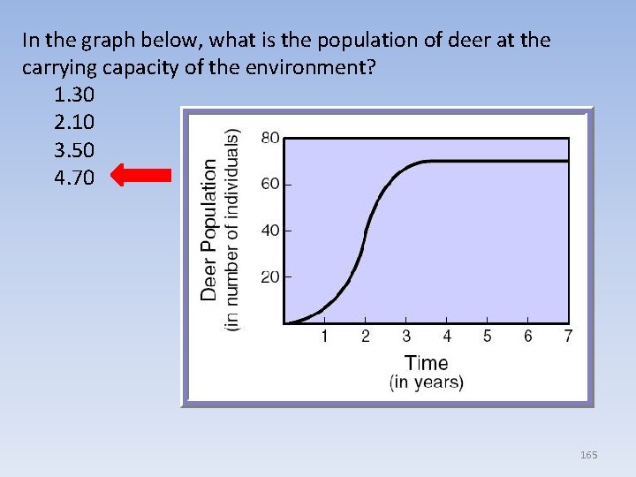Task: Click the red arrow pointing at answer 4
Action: (141, 177)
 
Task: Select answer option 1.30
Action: (75, 94)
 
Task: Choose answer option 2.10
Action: (75, 121)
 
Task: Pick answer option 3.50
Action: (75, 149)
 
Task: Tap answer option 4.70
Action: (75, 178)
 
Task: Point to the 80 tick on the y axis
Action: (271, 139)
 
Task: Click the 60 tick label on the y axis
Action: (271, 184)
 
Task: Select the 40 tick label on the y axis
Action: (271, 231)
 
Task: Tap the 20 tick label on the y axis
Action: (271, 277)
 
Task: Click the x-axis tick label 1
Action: (324, 337)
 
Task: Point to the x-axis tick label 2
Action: (365, 337)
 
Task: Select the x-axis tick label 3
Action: (405, 337)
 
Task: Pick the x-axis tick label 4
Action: (447, 337)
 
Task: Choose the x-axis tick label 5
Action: (488, 337)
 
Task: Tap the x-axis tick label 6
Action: (528, 337)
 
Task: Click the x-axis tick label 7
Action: (568, 337)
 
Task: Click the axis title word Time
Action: (427, 363)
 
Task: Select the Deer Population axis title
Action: (210, 229)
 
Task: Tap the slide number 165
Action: (589, 455)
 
